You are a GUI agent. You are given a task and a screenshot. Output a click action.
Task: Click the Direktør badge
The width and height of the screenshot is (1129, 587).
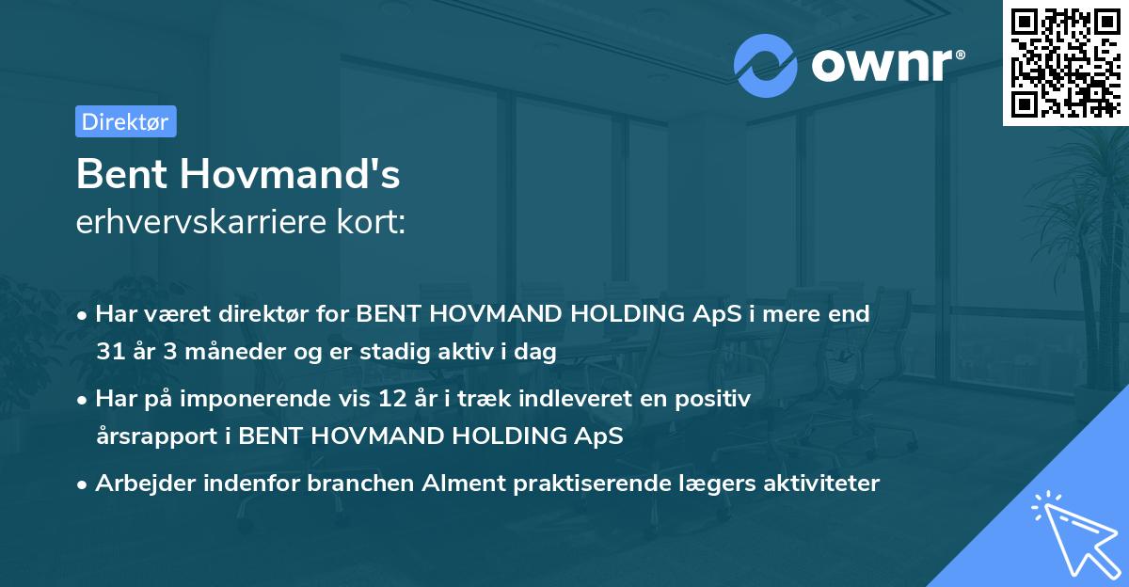(x=125, y=121)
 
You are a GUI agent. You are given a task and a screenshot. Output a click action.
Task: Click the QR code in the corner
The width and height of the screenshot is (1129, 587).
(x=1064, y=62)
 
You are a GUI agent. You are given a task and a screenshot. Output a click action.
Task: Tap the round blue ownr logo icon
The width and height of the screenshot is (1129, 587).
(x=766, y=66)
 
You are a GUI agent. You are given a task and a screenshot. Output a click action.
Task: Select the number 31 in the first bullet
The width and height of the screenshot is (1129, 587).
(x=110, y=352)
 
